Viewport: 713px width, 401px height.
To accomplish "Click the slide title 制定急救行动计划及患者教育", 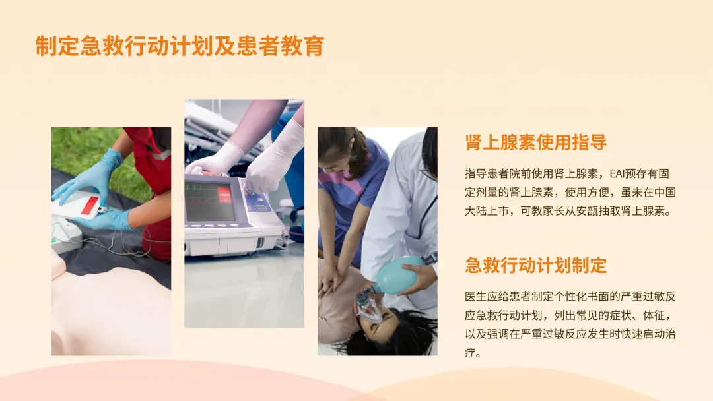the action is coord(180,46).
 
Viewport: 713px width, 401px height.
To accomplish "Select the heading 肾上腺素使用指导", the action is coord(535,142).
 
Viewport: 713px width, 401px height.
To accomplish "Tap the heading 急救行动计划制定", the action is coord(535,265).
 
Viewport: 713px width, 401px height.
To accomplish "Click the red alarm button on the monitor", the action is coord(224,195).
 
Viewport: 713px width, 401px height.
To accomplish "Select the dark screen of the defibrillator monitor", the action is coord(210,201).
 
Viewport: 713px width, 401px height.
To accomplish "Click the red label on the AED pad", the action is coord(90,205).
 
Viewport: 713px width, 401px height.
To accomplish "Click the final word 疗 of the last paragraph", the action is coord(470,352).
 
